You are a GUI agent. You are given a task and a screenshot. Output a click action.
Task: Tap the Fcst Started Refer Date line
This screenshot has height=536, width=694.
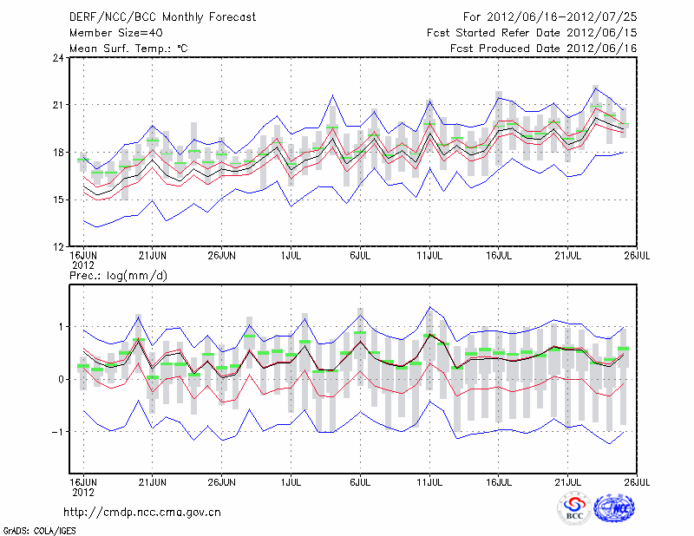(x=532, y=32)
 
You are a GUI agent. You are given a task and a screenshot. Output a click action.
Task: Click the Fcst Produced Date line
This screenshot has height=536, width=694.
(x=544, y=48)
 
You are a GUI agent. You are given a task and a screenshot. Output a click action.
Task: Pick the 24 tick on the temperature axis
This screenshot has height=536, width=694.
(x=58, y=58)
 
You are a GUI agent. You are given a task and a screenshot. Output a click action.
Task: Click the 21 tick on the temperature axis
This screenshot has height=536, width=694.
(x=58, y=106)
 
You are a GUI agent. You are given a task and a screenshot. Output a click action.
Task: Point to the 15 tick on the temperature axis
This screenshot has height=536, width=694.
(x=58, y=199)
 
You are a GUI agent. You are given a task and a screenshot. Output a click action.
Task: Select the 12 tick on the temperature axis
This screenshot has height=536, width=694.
(x=58, y=246)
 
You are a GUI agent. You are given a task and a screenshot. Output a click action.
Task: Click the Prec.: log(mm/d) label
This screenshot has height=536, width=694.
(x=116, y=275)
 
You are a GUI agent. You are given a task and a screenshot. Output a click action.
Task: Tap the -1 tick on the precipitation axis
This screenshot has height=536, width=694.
(x=57, y=432)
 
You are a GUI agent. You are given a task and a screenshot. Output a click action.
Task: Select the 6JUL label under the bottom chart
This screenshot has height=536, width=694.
(x=361, y=480)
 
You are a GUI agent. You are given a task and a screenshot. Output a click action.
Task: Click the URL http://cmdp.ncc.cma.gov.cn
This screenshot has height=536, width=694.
(x=143, y=512)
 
